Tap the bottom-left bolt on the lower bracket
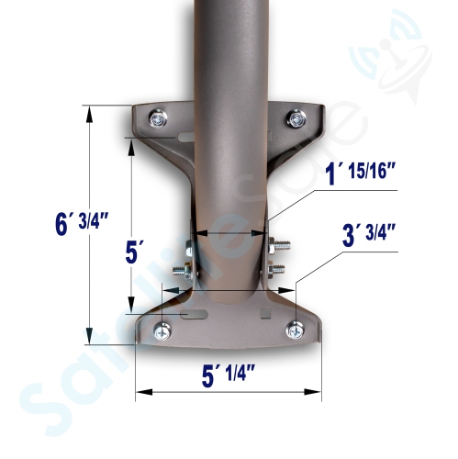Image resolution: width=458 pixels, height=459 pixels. click(162, 331)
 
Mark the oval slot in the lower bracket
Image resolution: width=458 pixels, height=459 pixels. click(195, 315)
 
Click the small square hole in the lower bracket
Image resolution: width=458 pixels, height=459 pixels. click(265, 314)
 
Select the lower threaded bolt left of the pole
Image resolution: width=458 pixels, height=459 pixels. click(187, 269)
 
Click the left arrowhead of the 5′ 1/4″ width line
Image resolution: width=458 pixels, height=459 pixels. click(140, 393)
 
